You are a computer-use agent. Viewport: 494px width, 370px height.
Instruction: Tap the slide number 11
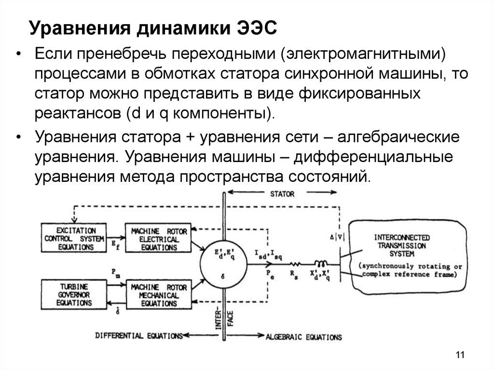tap(459, 356)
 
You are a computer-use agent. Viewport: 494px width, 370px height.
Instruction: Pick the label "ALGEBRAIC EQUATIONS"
tap(303, 337)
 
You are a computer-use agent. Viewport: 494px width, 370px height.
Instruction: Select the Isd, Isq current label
tap(266, 254)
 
